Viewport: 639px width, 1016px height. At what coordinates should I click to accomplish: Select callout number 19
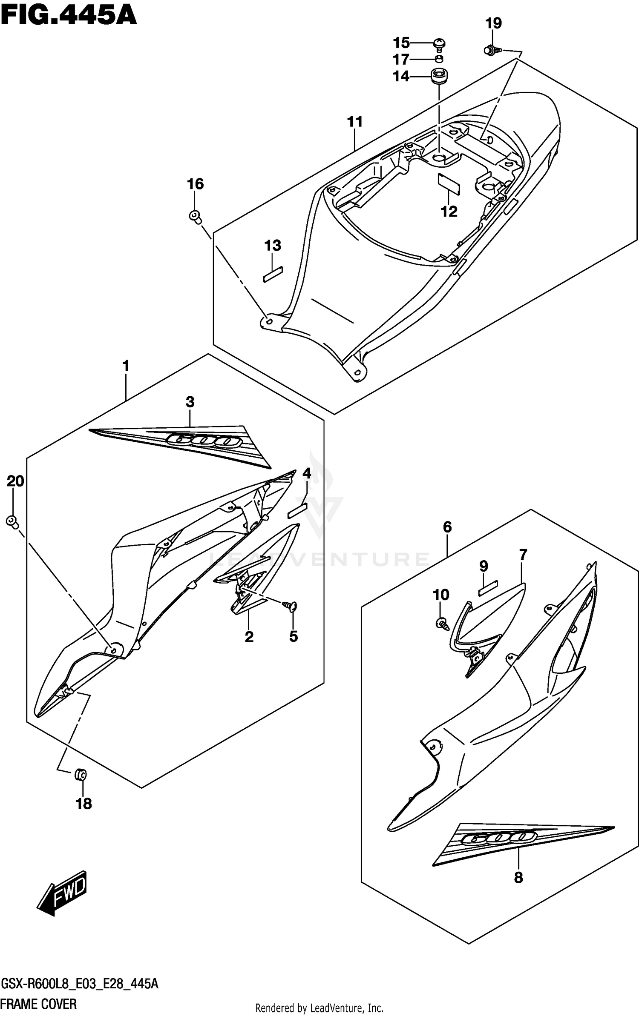tap(493, 23)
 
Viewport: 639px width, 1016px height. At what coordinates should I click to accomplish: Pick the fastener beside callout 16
tap(195, 216)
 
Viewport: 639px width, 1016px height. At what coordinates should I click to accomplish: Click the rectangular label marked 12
tap(449, 183)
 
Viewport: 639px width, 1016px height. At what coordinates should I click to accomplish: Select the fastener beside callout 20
tap(12, 521)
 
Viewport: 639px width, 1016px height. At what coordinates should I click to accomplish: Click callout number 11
tap(354, 122)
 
